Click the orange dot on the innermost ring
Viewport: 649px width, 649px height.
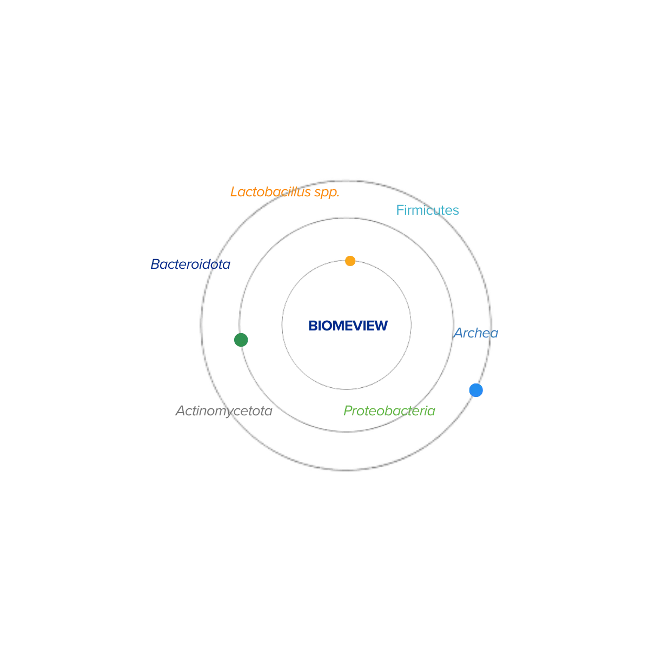pos(350,261)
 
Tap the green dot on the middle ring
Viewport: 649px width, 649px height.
pos(241,340)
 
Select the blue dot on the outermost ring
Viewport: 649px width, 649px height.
pos(475,390)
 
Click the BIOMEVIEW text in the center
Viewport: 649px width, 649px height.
pos(348,326)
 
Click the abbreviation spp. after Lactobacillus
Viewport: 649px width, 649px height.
pos(327,193)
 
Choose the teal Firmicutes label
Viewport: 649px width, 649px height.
pos(427,210)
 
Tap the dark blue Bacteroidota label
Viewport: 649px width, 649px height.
pos(191,264)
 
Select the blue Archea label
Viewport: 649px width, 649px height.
pos(475,333)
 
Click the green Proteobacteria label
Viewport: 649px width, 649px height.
pos(389,410)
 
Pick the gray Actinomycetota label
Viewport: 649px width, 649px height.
pos(223,410)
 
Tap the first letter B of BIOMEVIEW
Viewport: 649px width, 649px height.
pos(311,326)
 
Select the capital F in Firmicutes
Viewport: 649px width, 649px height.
pos(399,210)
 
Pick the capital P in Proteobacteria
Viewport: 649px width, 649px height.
pos(347,410)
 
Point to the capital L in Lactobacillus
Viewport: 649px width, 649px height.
pos(234,192)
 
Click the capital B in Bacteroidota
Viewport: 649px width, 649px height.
pos(155,264)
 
